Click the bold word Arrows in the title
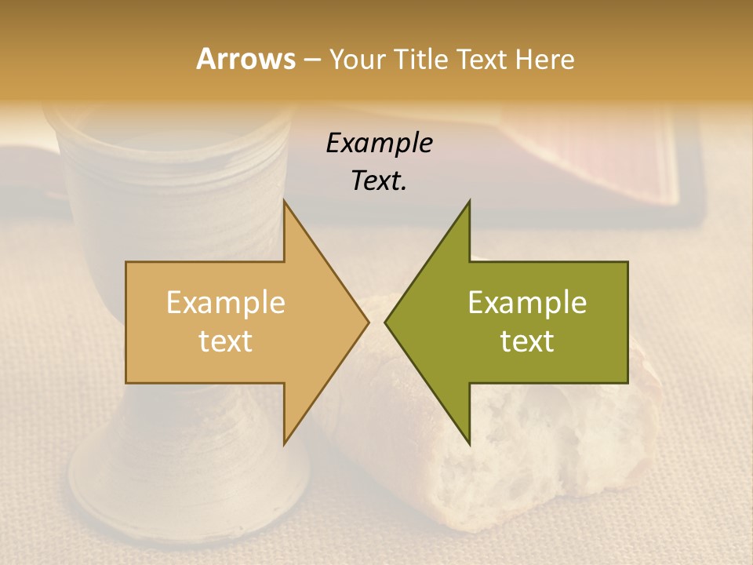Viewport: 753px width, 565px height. [x=245, y=59]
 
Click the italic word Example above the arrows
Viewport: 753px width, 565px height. [x=379, y=144]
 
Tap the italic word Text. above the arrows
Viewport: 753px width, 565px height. [x=379, y=180]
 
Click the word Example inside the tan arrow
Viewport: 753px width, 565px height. [x=225, y=302]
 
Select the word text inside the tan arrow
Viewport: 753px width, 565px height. [x=225, y=341]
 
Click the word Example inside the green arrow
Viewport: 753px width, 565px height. [x=527, y=302]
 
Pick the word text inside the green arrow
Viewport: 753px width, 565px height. [x=527, y=341]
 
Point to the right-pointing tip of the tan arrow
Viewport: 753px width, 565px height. [x=367, y=322]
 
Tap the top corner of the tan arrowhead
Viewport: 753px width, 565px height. [x=285, y=202]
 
